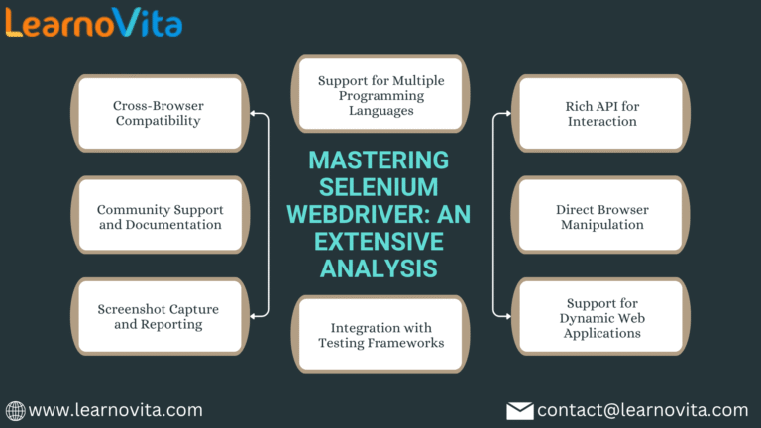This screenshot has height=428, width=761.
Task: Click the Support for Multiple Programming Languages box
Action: point(380,95)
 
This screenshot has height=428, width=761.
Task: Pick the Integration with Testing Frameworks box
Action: point(380,335)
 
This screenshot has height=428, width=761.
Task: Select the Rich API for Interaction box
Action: point(601,113)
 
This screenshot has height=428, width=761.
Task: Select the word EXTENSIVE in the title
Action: point(380,241)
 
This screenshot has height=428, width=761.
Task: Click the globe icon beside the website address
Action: point(15,410)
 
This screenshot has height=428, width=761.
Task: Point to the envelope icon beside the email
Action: point(520,410)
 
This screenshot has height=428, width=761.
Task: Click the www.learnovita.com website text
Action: point(116,410)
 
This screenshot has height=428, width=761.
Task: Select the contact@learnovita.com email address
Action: point(642,410)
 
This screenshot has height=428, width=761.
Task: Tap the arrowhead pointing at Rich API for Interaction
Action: point(507,114)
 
